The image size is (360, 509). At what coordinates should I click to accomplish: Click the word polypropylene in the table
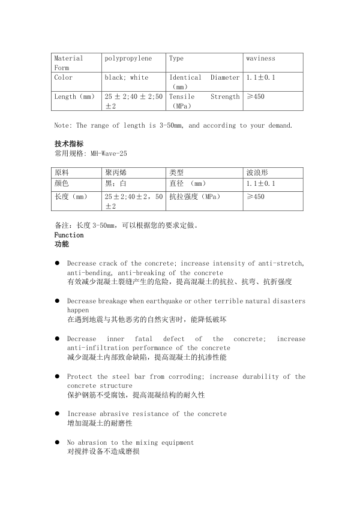coord(128,59)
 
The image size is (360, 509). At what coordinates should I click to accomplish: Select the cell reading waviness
coord(260,59)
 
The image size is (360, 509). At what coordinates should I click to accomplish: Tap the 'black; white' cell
coord(127,78)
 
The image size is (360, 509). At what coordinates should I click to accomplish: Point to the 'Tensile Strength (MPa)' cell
coord(204,101)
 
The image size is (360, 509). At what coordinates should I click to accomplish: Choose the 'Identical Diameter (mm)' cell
coord(204,82)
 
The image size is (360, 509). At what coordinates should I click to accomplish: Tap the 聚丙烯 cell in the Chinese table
coord(115,172)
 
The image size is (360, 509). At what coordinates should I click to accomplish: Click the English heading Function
coord(69,235)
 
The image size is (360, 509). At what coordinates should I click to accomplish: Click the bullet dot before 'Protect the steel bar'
coord(57,377)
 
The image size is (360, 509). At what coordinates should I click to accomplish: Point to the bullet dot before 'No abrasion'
coord(57,442)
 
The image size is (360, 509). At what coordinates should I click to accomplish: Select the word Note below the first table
coord(62,126)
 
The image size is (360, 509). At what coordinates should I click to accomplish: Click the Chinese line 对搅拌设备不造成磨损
coord(103,451)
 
